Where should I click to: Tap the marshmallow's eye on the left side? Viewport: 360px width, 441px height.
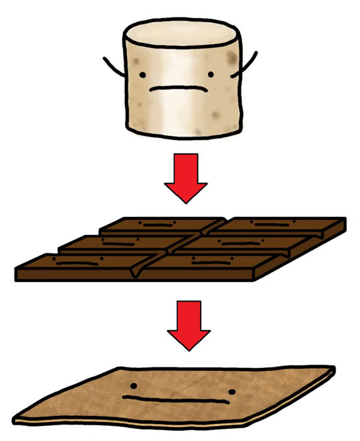[143, 76]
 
